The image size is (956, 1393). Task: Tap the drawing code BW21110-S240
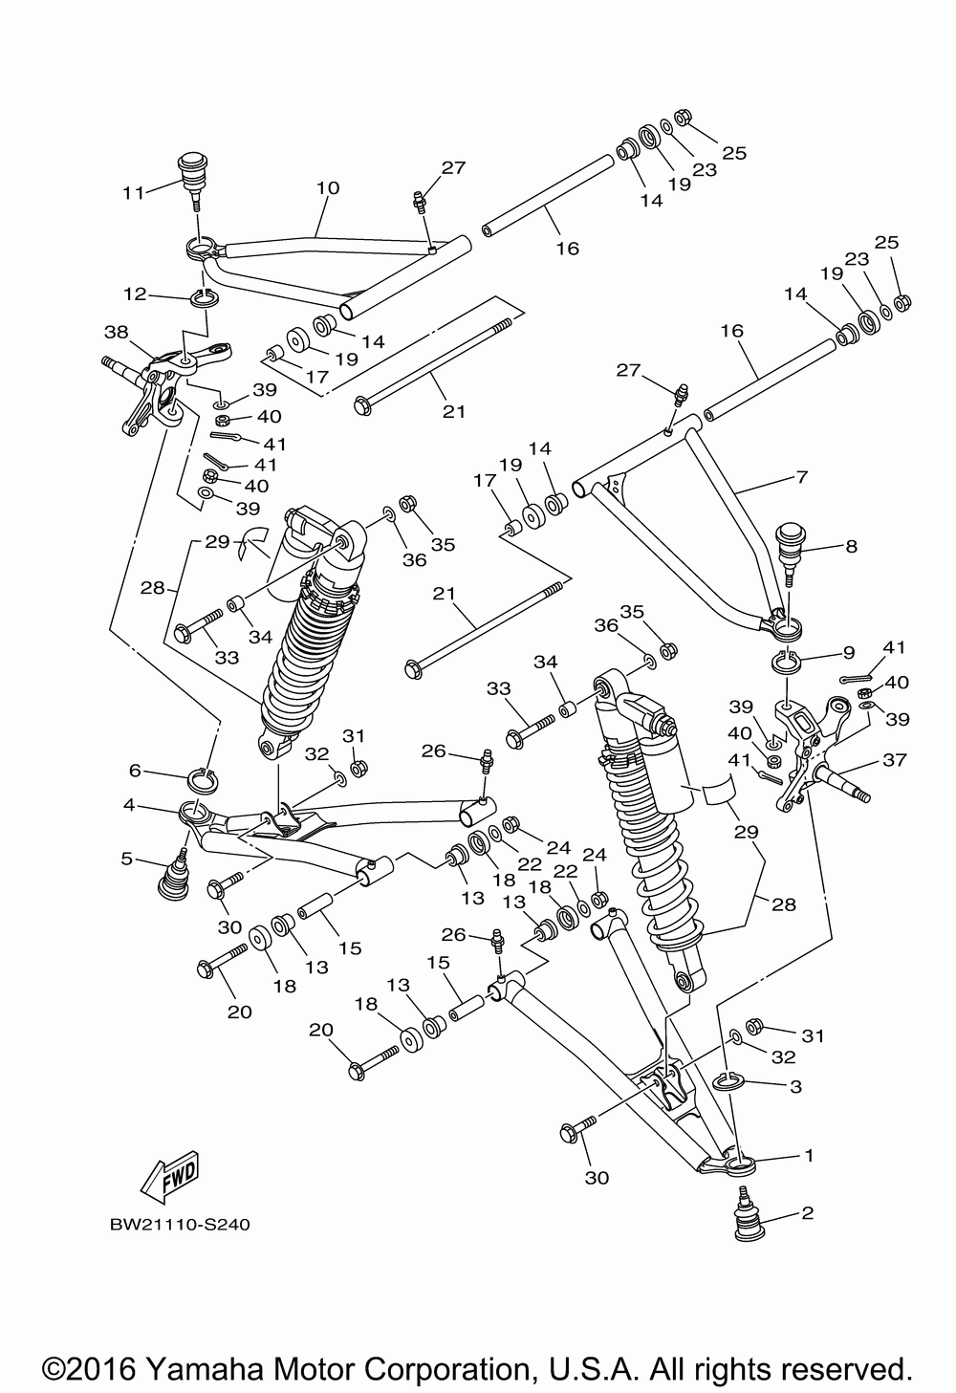tap(181, 1226)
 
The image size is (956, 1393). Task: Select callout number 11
tap(133, 193)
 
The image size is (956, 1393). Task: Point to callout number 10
tap(328, 187)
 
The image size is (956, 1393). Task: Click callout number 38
tap(117, 332)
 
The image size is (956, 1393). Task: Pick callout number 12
tap(135, 294)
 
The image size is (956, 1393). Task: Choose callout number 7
tap(802, 477)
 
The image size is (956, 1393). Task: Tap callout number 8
tap(852, 546)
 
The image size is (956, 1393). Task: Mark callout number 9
tap(849, 652)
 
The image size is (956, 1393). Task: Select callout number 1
tap(809, 1156)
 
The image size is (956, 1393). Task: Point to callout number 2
tap(808, 1212)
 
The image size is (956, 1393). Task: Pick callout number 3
tap(795, 1086)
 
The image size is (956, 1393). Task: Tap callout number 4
tap(129, 805)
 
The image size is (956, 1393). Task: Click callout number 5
tap(127, 860)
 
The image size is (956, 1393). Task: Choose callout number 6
tap(135, 771)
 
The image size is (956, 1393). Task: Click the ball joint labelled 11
tap(192, 183)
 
